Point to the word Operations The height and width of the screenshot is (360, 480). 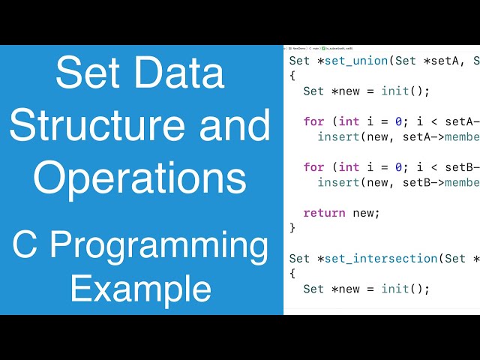(x=140, y=178)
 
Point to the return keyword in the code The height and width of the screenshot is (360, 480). (x=324, y=212)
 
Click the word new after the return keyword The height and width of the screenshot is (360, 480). (x=365, y=212)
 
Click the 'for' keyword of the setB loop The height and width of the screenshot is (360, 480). (x=313, y=166)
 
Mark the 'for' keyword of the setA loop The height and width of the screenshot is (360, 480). (x=313, y=121)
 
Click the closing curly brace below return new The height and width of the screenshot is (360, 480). (x=292, y=227)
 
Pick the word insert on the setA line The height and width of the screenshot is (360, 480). (x=337, y=137)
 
